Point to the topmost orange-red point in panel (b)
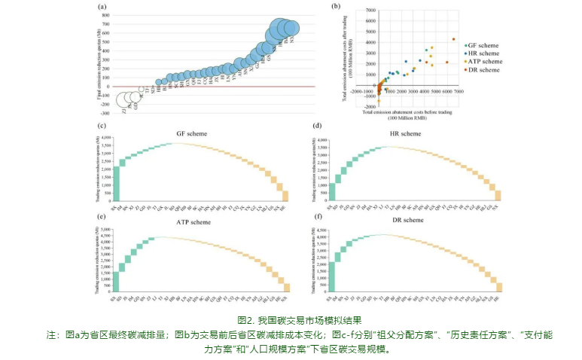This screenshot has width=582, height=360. (x=453, y=39)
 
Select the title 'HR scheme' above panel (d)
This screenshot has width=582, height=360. (x=407, y=133)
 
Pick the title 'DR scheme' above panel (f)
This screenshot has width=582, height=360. (x=407, y=222)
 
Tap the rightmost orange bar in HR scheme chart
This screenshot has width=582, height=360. (x=498, y=197)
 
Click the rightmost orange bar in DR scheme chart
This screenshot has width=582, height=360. (x=498, y=286)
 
